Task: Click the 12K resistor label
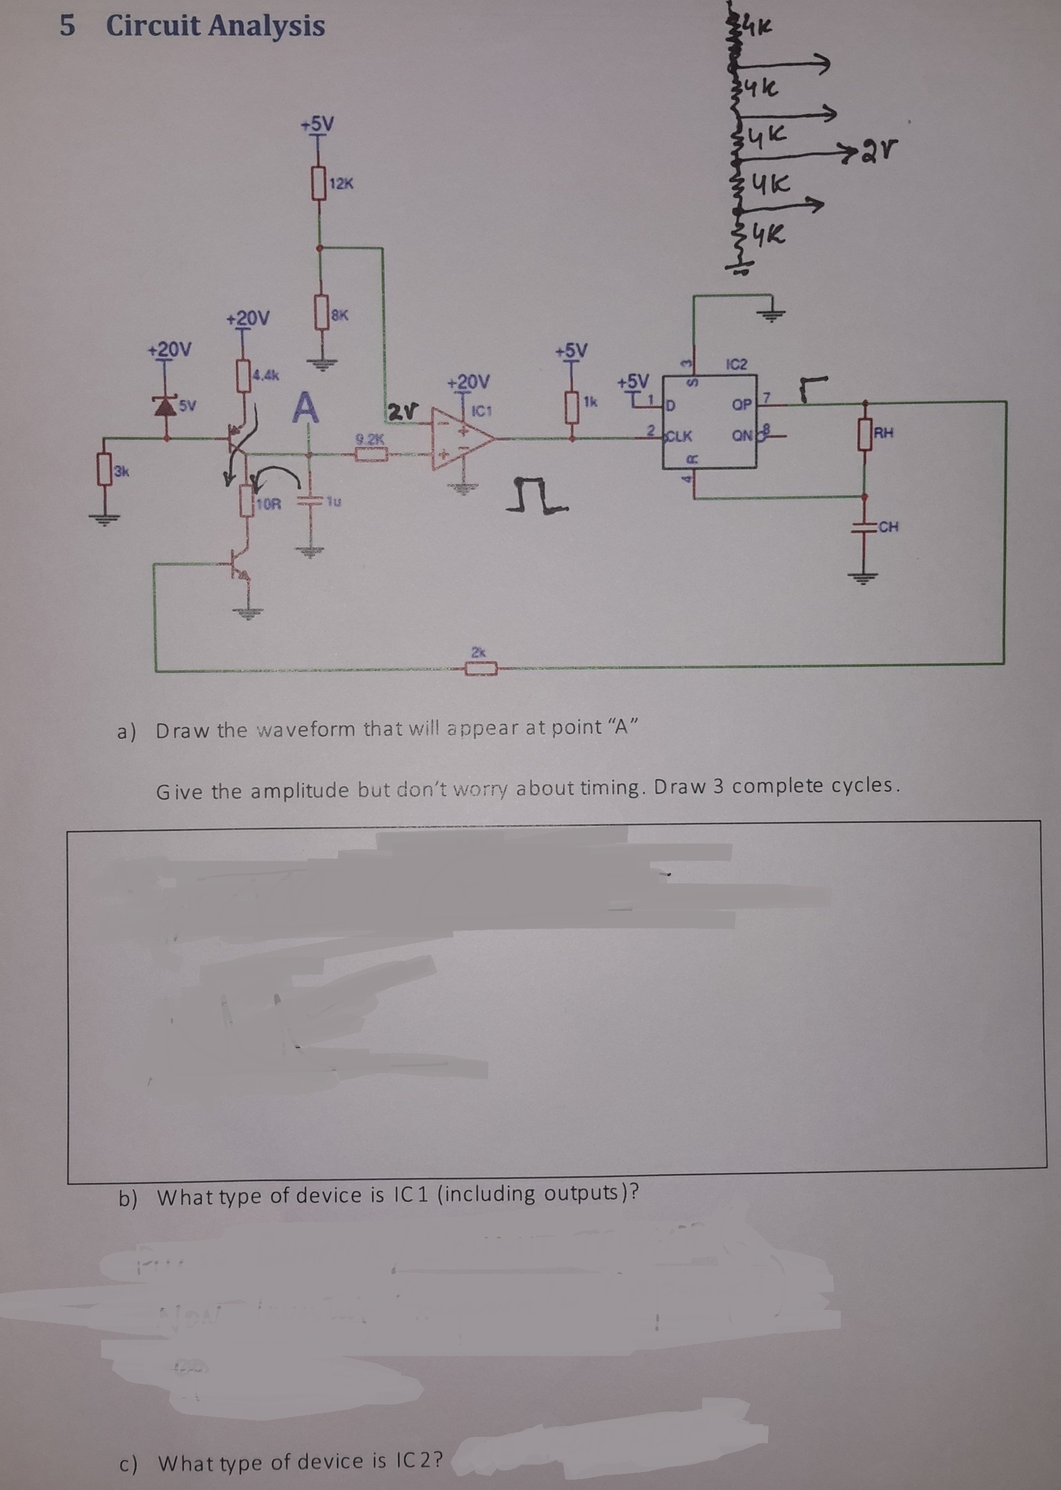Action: tap(341, 184)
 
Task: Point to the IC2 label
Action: tap(736, 364)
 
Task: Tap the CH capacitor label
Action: tap(888, 526)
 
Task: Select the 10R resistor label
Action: tap(268, 504)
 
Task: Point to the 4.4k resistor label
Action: tap(266, 376)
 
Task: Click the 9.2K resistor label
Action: tap(370, 439)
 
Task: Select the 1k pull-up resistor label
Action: tap(591, 401)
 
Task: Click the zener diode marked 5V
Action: tap(165, 406)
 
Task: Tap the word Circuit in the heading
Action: tap(153, 26)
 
